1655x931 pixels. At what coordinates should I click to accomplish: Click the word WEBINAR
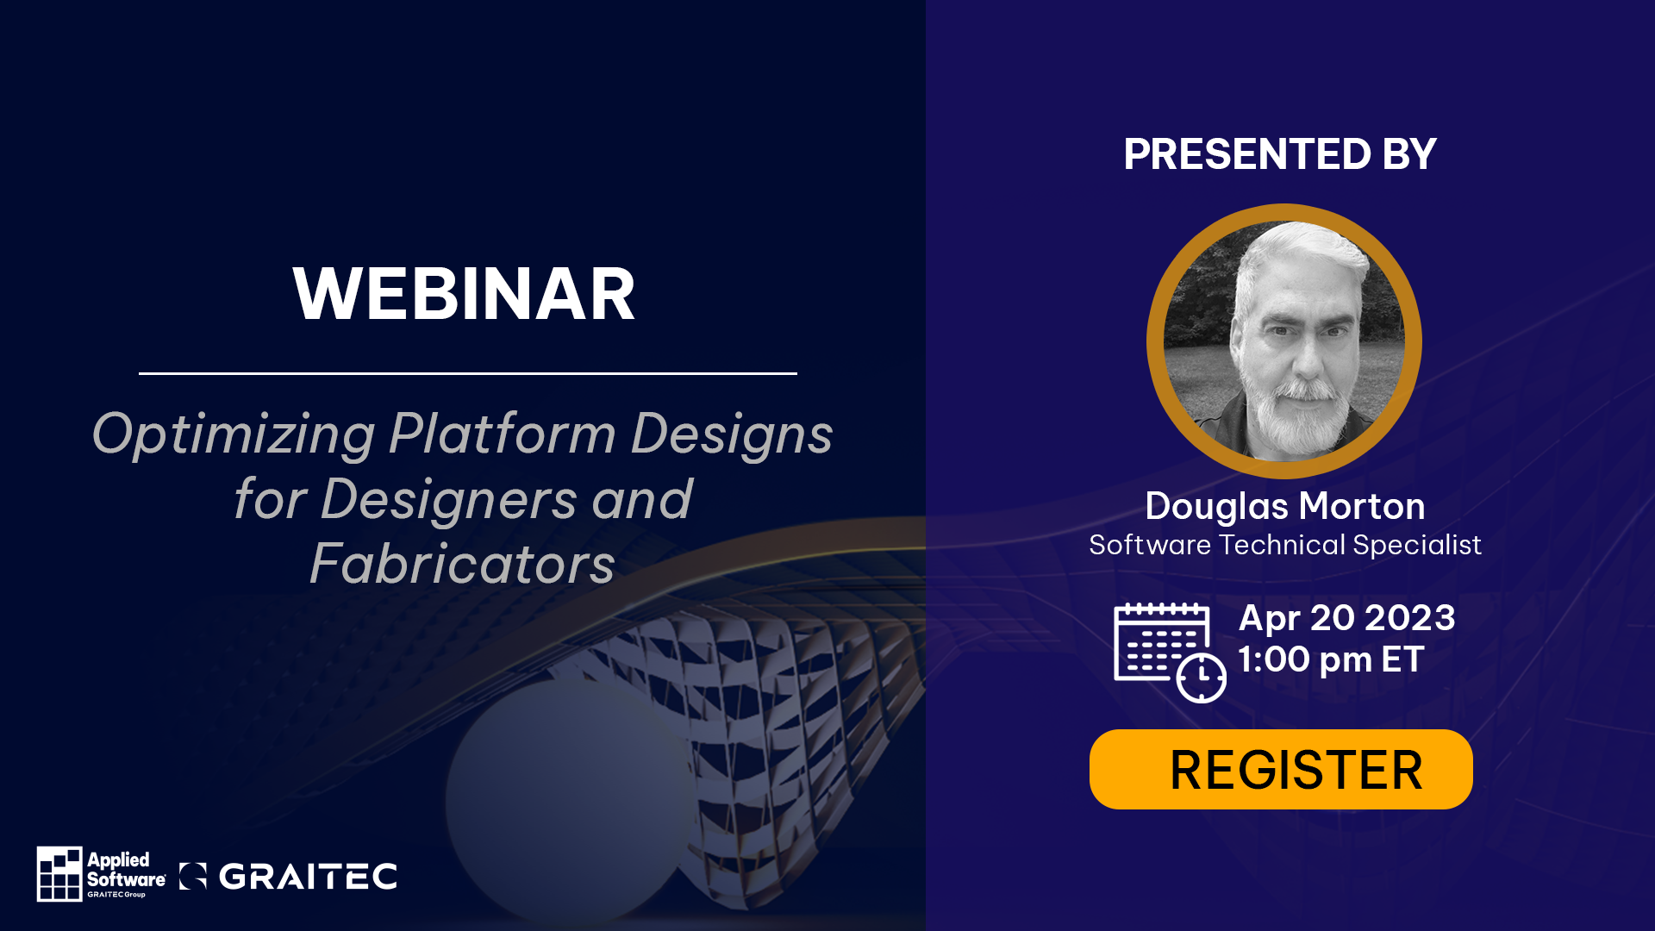coord(464,294)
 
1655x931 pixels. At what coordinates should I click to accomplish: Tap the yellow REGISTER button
coord(1281,769)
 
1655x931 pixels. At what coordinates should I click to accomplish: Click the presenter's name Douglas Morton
coord(1284,506)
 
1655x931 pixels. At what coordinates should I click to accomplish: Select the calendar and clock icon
coord(1170,653)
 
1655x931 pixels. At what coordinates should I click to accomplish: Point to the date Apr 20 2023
coord(1346,618)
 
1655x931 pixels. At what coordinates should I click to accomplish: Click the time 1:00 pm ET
coord(1330,659)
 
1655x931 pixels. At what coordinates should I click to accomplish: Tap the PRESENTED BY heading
coord(1280,154)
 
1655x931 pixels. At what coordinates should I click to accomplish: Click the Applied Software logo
coord(102,873)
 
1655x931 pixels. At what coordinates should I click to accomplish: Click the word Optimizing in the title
coord(234,434)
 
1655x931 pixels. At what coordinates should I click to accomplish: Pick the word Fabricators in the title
coord(462,565)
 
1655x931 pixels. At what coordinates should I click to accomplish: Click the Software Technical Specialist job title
coord(1284,546)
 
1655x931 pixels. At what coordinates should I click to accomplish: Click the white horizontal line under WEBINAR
coord(468,373)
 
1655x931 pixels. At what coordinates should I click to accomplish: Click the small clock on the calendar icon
coord(1202,678)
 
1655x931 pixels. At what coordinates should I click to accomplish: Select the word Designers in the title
coord(448,499)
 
